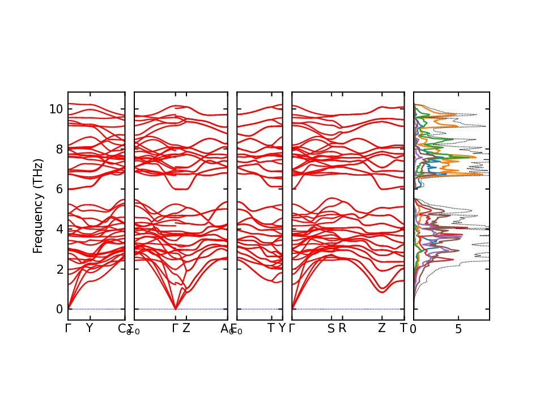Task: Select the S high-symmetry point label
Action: (x=331, y=328)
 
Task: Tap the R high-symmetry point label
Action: (x=342, y=328)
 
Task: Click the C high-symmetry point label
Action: (x=121, y=328)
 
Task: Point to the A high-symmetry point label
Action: (x=224, y=328)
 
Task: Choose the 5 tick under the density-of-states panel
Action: (x=458, y=329)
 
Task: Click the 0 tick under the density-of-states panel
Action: (x=414, y=329)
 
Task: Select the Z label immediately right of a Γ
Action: (x=186, y=328)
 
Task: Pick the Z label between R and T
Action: (x=382, y=328)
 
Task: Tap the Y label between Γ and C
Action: (x=89, y=328)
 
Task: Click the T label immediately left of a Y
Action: (x=271, y=328)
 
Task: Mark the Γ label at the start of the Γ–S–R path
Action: (x=292, y=328)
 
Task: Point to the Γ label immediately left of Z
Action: (x=176, y=328)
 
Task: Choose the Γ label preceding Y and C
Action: (x=68, y=328)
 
